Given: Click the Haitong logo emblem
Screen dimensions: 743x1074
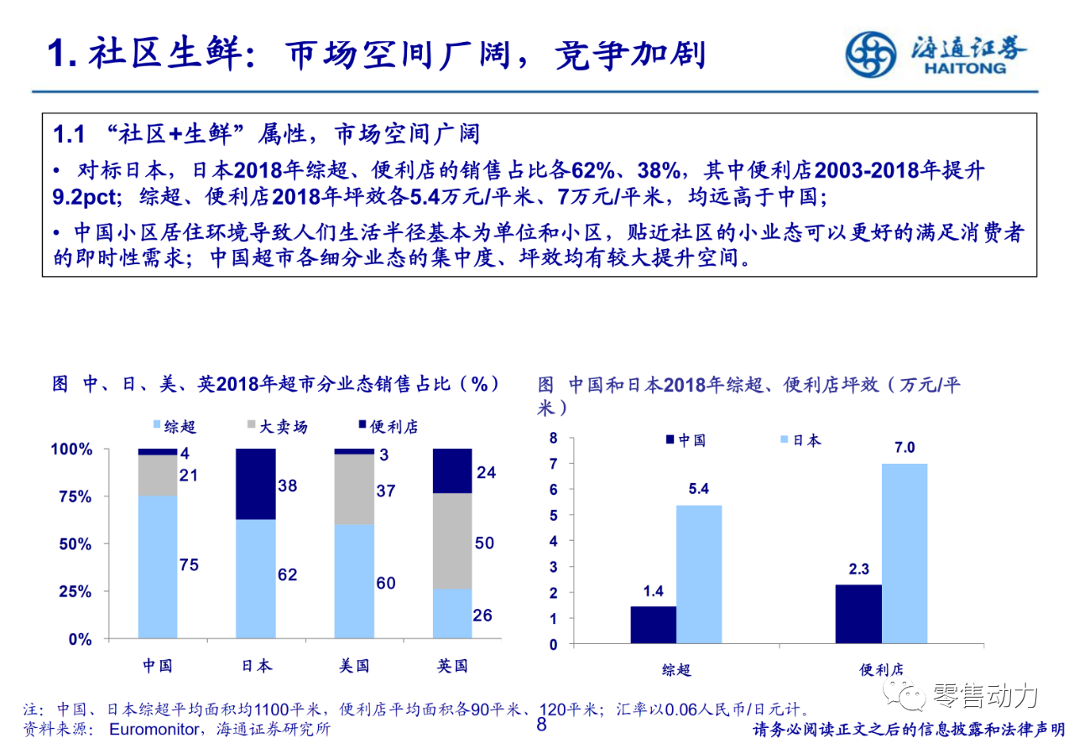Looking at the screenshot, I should (870, 54).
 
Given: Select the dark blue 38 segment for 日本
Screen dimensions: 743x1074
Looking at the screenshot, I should (256, 484).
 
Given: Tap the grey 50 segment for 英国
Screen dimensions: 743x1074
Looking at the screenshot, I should (452, 540).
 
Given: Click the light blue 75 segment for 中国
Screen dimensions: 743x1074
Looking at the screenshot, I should (158, 567).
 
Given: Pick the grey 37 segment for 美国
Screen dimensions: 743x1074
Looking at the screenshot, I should (354, 489).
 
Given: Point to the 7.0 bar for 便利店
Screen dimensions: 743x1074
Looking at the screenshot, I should (905, 553).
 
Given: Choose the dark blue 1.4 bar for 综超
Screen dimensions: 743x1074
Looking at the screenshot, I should (654, 625).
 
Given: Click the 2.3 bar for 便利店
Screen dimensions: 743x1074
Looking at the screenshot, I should (858, 614).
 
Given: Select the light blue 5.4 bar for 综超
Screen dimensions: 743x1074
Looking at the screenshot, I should (699, 574).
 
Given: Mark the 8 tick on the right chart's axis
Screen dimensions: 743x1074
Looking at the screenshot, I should (553, 438).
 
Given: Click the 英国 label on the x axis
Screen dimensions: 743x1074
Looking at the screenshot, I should (452, 666).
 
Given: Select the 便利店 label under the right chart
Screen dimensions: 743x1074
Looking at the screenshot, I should (881, 670).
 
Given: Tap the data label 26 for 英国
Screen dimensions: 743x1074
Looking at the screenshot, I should (482, 616).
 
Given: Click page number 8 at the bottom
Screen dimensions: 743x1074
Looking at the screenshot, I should (541, 725).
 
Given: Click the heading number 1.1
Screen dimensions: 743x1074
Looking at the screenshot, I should (70, 134).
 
